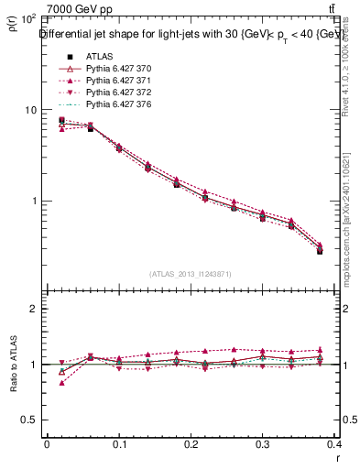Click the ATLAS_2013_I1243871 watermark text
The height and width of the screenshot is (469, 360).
click(191, 274)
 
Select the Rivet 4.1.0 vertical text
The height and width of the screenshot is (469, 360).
click(350, 78)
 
